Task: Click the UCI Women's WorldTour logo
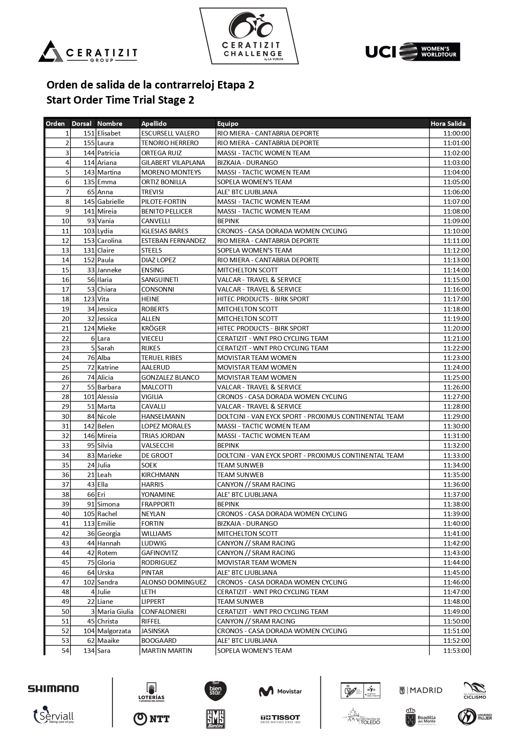pos(413,52)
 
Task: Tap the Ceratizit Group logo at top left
pos(88,52)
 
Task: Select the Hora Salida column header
pos(448,123)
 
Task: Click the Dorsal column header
pos(81,123)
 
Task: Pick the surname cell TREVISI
pos(153,192)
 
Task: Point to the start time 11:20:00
pos(456,328)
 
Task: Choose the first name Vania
pos(104,221)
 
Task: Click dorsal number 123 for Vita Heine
pos(89,299)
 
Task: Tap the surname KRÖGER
pos(153,328)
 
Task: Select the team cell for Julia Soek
pos(240,465)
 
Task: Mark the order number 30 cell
pos(65,416)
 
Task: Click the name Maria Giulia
pos(115,611)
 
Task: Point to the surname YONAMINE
pos(158,494)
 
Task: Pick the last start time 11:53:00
pos(456,650)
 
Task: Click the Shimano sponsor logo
pos(53,689)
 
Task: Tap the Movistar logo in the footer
pos(280,691)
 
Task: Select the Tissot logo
pos(280,718)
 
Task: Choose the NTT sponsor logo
pos(151,719)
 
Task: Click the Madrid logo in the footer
pos(421,690)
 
